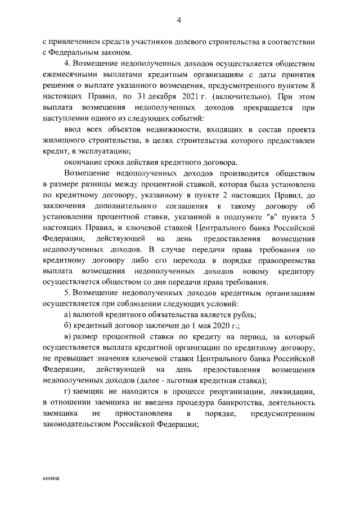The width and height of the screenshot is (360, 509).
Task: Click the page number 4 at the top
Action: (x=179, y=20)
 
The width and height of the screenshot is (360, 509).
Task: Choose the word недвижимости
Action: (x=140, y=129)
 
